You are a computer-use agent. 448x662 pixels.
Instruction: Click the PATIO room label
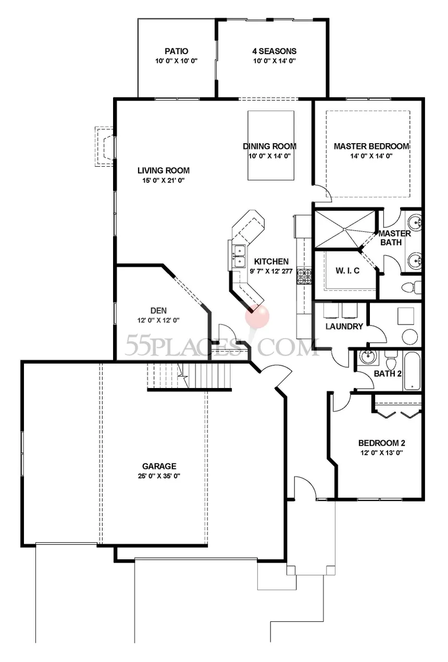coord(177,51)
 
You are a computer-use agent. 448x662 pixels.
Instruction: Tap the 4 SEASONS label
coord(274,51)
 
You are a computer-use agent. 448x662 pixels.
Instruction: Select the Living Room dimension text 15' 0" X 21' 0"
coord(164,180)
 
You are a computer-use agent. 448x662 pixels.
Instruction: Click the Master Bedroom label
coord(371,146)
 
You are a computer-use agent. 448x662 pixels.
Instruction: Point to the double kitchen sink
coord(239,256)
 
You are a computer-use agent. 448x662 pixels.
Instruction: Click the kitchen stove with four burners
coord(304,276)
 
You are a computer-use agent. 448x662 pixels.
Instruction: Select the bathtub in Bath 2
coord(412,371)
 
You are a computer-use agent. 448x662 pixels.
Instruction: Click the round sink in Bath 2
coord(367,359)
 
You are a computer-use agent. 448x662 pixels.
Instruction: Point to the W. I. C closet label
coord(347,270)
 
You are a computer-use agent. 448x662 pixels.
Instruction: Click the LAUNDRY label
coord(344,327)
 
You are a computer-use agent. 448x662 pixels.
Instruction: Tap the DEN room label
coord(158,310)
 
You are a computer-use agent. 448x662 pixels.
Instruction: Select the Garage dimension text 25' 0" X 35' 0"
coord(159,476)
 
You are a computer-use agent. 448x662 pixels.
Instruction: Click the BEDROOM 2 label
coord(381,443)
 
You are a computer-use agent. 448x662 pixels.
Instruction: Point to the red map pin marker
coord(257,316)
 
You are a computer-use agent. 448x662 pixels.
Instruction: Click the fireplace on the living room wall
coord(104,146)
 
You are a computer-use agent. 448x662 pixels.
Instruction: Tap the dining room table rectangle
coord(271,145)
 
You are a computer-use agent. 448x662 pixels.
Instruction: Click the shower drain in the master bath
coord(344,229)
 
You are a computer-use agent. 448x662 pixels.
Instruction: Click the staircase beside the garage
coord(189,376)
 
